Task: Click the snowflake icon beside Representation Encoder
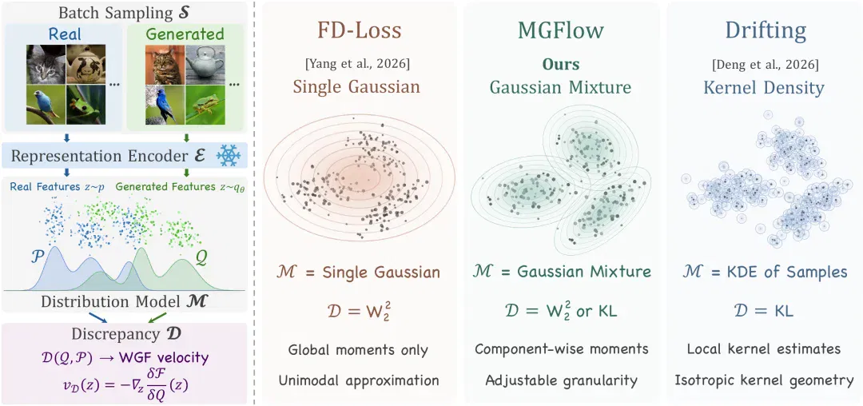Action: point(228,156)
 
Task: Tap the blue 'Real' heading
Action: point(65,34)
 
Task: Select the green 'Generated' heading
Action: point(185,34)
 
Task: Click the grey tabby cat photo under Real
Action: point(46,64)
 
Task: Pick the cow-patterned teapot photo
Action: point(86,64)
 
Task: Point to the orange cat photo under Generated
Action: point(165,64)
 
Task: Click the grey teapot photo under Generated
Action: point(205,64)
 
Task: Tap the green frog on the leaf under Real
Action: point(86,104)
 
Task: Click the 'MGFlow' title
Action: point(560,31)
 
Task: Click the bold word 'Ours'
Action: point(561,65)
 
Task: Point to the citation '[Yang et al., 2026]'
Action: point(357,65)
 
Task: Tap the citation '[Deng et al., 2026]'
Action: point(766,65)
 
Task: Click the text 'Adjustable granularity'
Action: point(562,380)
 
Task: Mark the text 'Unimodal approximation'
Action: point(358,380)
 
